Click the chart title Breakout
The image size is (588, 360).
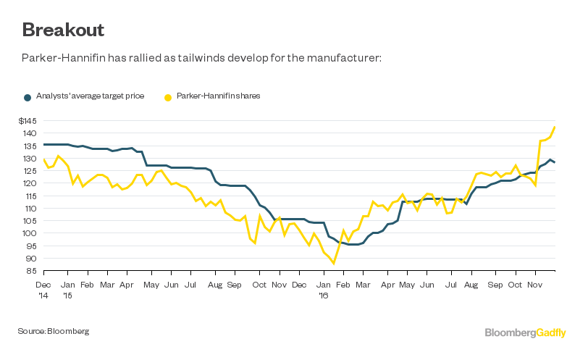pos(63,30)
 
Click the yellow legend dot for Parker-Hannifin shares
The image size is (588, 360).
pos(169,96)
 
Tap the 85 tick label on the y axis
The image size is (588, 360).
pos(33,271)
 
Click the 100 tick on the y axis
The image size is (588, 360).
pos(32,233)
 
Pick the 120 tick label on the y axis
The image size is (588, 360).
pos(32,183)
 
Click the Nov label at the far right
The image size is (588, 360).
pos(535,285)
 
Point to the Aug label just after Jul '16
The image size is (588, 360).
pos(470,285)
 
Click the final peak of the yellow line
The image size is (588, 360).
pos(555,127)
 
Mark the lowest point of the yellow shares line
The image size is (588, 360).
pos(334,264)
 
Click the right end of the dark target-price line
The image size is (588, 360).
pos(555,162)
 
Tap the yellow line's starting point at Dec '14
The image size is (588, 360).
pos(44,159)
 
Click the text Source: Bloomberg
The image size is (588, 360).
pos(53,331)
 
